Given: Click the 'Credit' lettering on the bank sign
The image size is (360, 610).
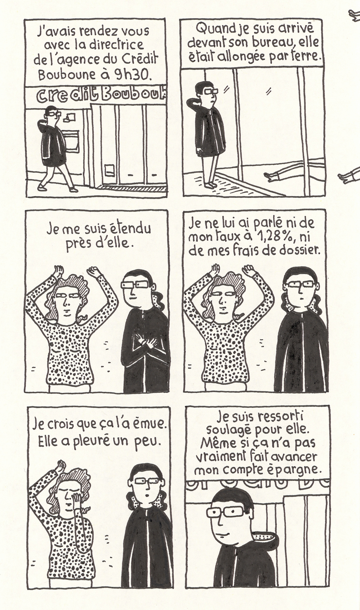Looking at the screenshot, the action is click(64, 96).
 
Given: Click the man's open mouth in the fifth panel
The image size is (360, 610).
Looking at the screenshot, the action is click(146, 495).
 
